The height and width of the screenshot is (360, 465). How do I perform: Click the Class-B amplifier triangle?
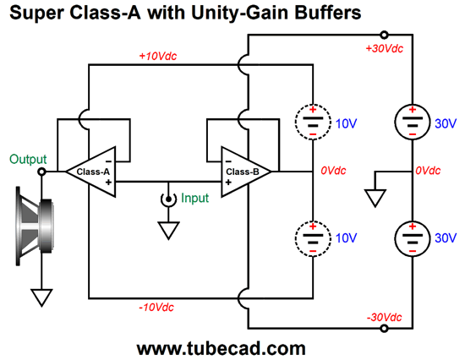pos(243,172)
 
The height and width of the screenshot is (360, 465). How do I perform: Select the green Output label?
pos(29,159)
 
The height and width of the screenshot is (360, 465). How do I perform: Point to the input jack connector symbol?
pos(168,199)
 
